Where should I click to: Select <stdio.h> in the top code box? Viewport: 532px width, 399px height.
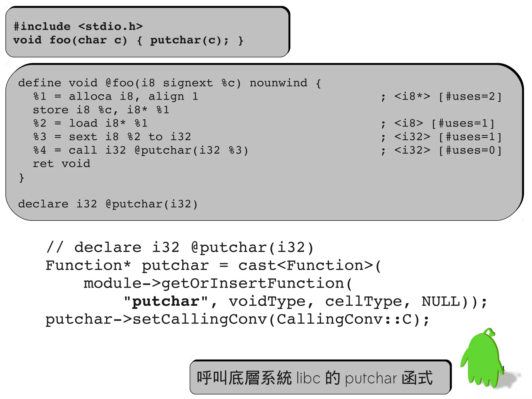[110, 27]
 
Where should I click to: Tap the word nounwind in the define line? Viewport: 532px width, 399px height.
[278, 83]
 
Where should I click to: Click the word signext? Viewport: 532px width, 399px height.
[188, 83]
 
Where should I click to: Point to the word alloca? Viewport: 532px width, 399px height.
[90, 96]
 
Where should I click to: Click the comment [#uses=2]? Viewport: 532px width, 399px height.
[470, 96]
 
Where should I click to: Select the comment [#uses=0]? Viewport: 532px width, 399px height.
[470, 150]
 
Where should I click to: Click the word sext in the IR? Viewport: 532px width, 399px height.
[83, 137]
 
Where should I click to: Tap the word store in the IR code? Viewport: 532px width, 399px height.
[51, 110]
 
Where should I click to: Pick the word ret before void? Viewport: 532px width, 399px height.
[43, 164]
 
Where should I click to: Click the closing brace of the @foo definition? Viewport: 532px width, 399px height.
[22, 178]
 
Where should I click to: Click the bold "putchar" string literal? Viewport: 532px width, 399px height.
[166, 302]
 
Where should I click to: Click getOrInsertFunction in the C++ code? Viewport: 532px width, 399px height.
[253, 283]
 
